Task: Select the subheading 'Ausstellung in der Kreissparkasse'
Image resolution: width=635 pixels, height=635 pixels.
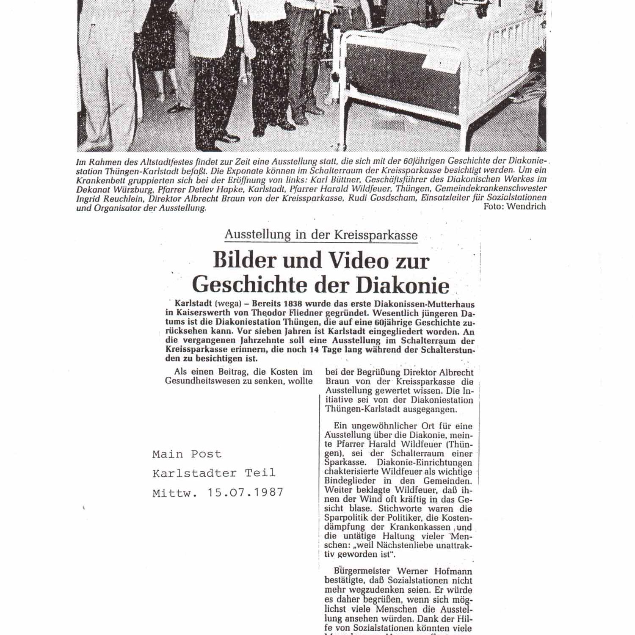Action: [x=321, y=235]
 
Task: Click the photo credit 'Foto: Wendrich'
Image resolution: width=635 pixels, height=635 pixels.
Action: [x=514, y=207]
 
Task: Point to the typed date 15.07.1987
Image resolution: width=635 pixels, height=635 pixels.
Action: [x=245, y=492]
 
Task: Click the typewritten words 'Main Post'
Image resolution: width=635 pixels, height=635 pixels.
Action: [x=187, y=454]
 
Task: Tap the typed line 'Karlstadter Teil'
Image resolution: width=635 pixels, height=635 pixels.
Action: [x=214, y=473]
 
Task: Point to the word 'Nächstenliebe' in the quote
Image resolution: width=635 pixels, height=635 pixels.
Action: [x=396, y=545]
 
